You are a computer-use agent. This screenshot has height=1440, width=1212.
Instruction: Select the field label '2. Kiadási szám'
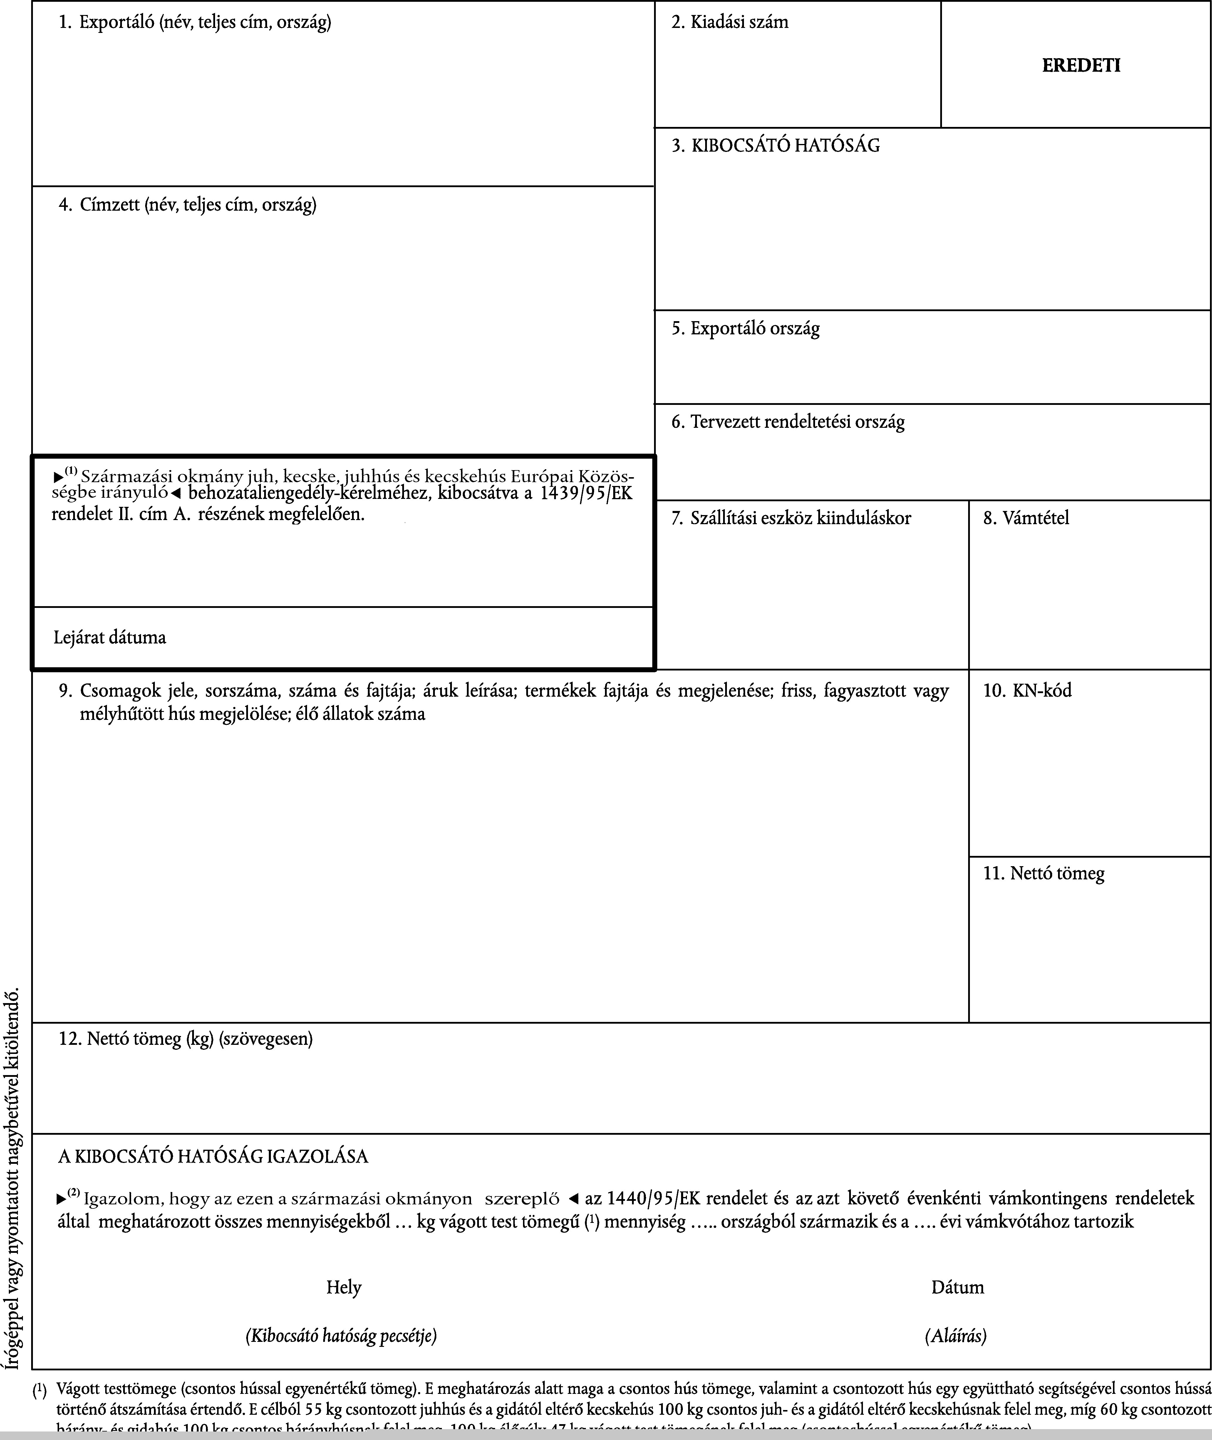[730, 23]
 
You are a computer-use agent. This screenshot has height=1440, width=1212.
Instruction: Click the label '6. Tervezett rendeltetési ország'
[788, 422]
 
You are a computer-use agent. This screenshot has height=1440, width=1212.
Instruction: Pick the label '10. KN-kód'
[1027, 690]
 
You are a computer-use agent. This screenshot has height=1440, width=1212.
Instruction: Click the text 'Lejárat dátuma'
[110, 638]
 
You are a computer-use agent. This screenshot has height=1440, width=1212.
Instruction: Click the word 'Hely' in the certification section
[343, 1287]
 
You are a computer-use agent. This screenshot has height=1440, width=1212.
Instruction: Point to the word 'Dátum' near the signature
[957, 1287]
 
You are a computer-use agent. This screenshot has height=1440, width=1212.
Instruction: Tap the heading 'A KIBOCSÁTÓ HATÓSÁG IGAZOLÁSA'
[213, 1157]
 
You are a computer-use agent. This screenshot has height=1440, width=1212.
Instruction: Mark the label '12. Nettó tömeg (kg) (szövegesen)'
[185, 1039]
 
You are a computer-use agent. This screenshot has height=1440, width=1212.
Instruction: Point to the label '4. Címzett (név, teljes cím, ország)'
[187, 205]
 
